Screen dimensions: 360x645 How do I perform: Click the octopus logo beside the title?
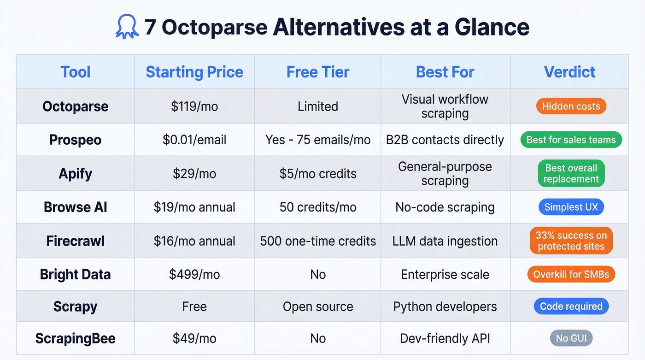(x=127, y=27)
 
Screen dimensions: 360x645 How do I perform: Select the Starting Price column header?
(x=194, y=72)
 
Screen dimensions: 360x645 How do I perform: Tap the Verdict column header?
(x=569, y=72)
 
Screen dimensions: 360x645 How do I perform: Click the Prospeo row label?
(x=75, y=140)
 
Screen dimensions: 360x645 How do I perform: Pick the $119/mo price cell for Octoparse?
(x=194, y=106)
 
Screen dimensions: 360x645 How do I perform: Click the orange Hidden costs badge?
(x=571, y=106)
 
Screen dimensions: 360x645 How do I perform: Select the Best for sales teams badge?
(x=571, y=140)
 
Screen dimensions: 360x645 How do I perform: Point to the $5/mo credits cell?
(x=318, y=173)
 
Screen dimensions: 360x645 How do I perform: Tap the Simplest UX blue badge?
(x=571, y=207)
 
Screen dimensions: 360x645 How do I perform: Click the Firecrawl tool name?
(x=75, y=241)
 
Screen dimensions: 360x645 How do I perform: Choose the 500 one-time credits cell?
(x=318, y=241)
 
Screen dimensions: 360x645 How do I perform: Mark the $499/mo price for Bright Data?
(x=194, y=274)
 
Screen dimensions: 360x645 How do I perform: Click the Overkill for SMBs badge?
(x=571, y=274)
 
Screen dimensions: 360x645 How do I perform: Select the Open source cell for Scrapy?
(x=318, y=307)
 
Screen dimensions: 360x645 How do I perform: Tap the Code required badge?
(x=571, y=307)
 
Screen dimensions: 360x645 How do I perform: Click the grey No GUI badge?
(x=571, y=338)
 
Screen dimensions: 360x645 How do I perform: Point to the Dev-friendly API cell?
(x=445, y=338)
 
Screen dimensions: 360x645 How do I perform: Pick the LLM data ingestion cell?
(x=445, y=241)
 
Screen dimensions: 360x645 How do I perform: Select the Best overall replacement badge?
(x=571, y=173)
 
